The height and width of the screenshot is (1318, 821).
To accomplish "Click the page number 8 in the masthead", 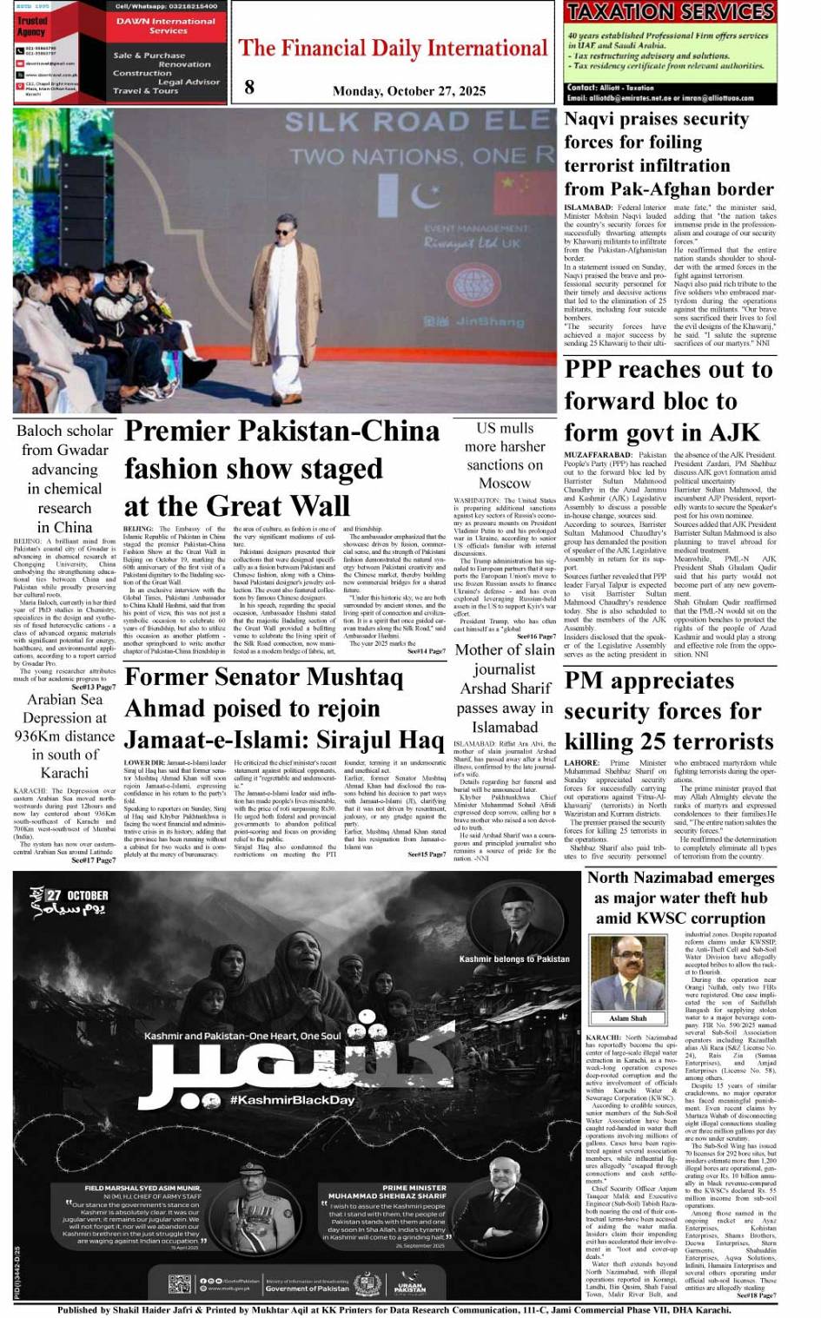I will tap(249, 86).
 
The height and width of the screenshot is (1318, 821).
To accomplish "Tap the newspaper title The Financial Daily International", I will tap(393, 49).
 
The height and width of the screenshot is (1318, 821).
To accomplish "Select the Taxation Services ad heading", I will tap(670, 12).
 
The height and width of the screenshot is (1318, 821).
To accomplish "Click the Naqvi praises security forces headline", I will tap(668, 154).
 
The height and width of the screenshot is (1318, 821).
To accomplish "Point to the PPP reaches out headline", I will tap(667, 400).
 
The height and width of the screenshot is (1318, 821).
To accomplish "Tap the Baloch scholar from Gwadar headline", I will tap(64, 478).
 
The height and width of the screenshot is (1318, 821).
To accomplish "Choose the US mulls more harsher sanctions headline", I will tap(504, 455).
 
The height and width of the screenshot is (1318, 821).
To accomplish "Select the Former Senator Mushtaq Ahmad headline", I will tap(284, 708).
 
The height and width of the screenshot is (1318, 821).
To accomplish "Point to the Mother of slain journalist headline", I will tap(504, 688).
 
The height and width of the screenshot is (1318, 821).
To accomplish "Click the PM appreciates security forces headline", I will tap(668, 711).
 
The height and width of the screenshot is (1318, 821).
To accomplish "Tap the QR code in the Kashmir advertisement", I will tap(179, 1284).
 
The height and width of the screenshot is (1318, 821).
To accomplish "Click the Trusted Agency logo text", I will tap(32, 26).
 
